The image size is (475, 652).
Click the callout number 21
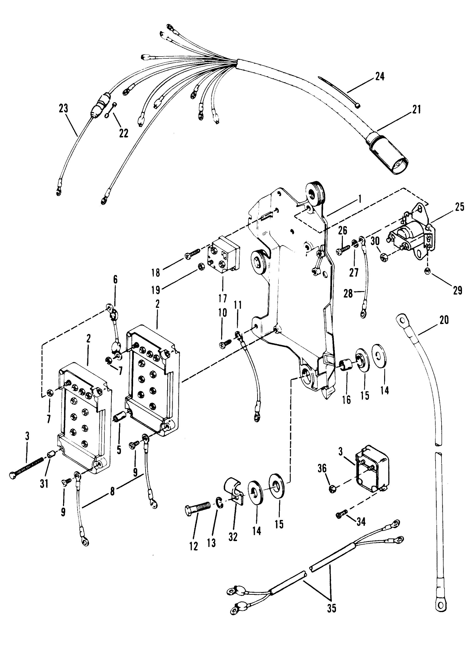416,110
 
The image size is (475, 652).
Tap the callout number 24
380,76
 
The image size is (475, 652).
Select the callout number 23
64,109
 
